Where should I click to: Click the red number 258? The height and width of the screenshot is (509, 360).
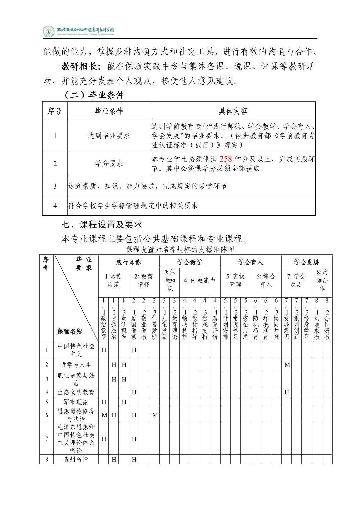[x=226, y=159]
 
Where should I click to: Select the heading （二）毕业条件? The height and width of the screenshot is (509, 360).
[x=94, y=95]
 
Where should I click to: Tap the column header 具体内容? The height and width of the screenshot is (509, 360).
[x=233, y=111]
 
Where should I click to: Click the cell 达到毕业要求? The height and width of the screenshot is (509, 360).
[x=109, y=136]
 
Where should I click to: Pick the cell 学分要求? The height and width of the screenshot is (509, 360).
[x=109, y=164]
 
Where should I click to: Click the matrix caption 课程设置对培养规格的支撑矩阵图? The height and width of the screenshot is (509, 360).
[x=180, y=250]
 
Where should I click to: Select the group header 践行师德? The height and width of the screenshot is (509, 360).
[x=129, y=262]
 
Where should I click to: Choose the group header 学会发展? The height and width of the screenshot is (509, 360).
[x=306, y=262]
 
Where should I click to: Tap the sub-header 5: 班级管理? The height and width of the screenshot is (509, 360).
[x=235, y=280]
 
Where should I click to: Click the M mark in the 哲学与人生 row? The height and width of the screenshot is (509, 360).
[x=287, y=365]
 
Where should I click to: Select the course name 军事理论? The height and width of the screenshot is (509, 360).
[x=76, y=402]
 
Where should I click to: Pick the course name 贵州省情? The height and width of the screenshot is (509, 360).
[x=76, y=459]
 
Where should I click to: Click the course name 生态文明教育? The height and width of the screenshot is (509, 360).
[x=76, y=392]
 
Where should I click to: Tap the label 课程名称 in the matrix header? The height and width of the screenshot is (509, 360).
[x=70, y=331]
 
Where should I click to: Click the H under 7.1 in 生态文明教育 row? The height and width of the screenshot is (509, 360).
[x=287, y=392]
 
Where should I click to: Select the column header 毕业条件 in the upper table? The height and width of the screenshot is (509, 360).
[x=109, y=111]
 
